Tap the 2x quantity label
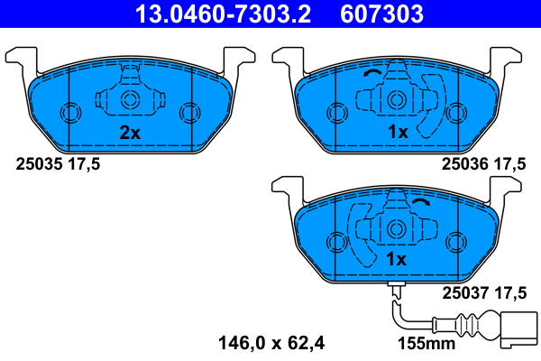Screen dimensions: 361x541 tap(131, 133)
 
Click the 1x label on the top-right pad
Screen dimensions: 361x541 tap(398, 133)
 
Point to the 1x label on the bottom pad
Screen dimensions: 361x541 tap(398, 259)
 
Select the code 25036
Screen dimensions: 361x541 tap(463, 164)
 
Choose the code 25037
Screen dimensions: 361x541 tap(463, 292)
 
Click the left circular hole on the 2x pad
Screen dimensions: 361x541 tap(69, 113)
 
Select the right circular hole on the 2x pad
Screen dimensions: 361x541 tap(188, 113)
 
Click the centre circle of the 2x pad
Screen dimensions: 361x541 tap(129, 100)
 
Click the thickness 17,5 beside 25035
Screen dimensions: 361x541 tap(82, 164)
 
